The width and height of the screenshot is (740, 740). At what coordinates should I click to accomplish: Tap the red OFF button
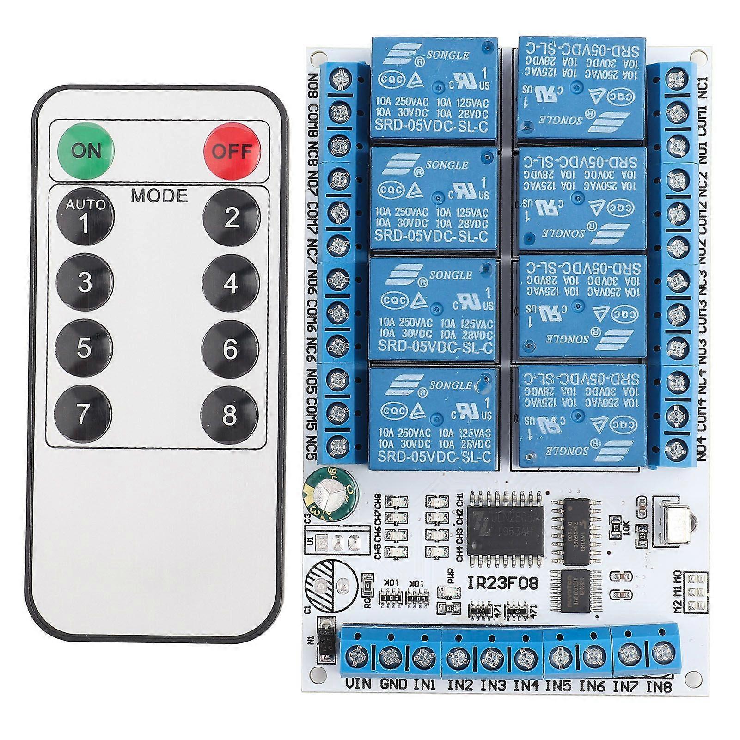[x=232, y=151]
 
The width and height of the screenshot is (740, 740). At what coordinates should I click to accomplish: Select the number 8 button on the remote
[x=230, y=415]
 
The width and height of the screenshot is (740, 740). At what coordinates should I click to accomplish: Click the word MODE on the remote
[x=159, y=196]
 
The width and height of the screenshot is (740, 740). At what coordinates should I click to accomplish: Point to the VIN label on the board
[x=358, y=684]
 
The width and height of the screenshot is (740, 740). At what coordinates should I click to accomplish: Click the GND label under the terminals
[x=393, y=684]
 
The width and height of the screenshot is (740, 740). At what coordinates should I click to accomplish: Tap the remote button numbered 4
[x=231, y=283]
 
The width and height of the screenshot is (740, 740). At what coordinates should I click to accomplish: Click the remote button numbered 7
[x=83, y=414]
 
